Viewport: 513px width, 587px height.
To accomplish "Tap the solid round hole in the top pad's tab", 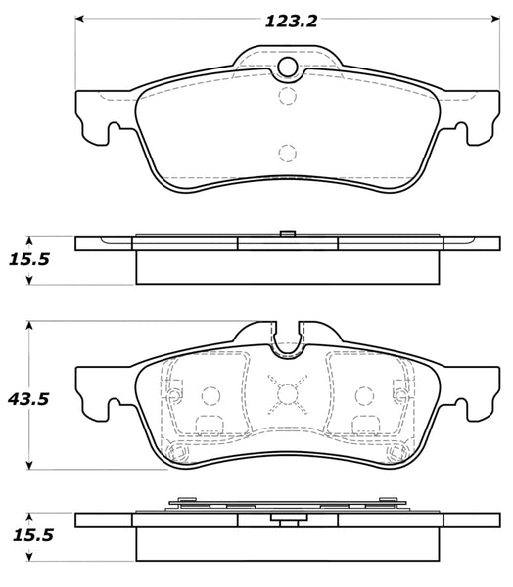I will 287,67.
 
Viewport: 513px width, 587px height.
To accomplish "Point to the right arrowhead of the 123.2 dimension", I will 490,19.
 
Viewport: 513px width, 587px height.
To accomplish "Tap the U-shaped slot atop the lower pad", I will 286,340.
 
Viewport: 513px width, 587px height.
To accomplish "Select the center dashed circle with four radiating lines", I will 286,394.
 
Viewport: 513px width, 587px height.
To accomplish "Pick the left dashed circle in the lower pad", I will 208,394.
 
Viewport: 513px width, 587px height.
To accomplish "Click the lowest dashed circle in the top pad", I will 286,152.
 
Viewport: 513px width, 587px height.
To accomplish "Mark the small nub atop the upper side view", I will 286,232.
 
